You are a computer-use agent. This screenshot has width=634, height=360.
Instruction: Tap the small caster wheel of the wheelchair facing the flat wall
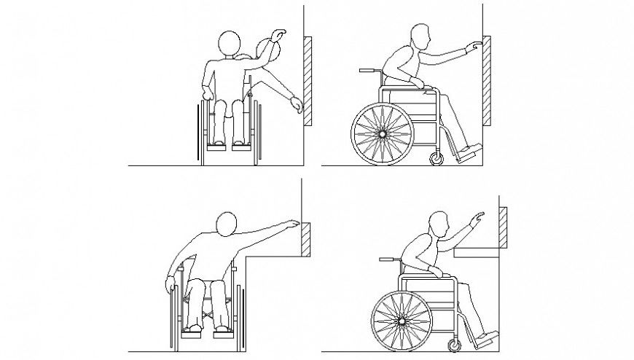click(x=437, y=158)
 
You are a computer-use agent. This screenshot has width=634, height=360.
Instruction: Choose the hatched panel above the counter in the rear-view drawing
click(x=307, y=238)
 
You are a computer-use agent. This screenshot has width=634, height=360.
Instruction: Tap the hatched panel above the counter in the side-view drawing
click(x=503, y=225)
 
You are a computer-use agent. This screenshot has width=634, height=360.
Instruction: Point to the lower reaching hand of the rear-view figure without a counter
click(x=296, y=106)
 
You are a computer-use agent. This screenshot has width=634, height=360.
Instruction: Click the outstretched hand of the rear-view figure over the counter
click(x=293, y=223)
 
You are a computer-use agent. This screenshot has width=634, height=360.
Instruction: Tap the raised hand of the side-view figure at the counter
click(x=477, y=216)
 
